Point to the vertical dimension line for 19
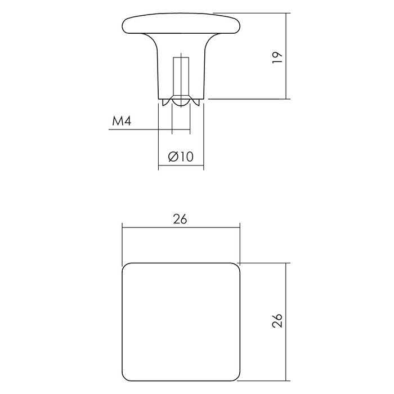288,56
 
